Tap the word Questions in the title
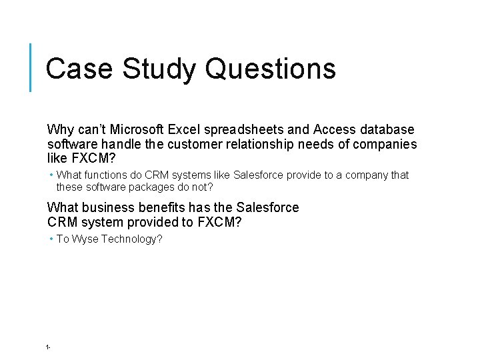click(x=271, y=69)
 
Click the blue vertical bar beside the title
click(x=31, y=67)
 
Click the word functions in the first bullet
click(x=105, y=175)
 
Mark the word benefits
click(x=163, y=207)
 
